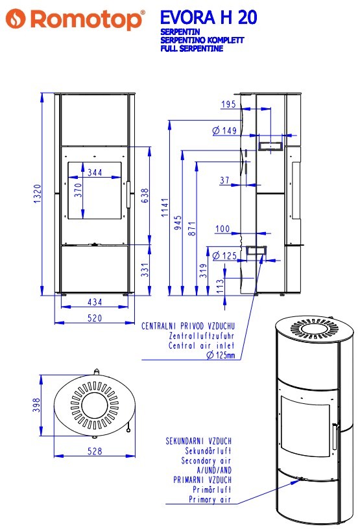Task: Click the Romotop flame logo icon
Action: tap(16, 18)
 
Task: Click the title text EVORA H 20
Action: tap(209, 18)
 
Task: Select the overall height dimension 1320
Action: tap(38, 194)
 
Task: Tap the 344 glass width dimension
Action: tap(95, 172)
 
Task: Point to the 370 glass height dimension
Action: tap(78, 190)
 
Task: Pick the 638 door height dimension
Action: tap(145, 196)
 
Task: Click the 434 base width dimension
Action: tap(95, 302)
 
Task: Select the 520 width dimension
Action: tap(95, 318)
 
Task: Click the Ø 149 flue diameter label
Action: tap(224, 130)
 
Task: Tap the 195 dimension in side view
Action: tap(228, 104)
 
